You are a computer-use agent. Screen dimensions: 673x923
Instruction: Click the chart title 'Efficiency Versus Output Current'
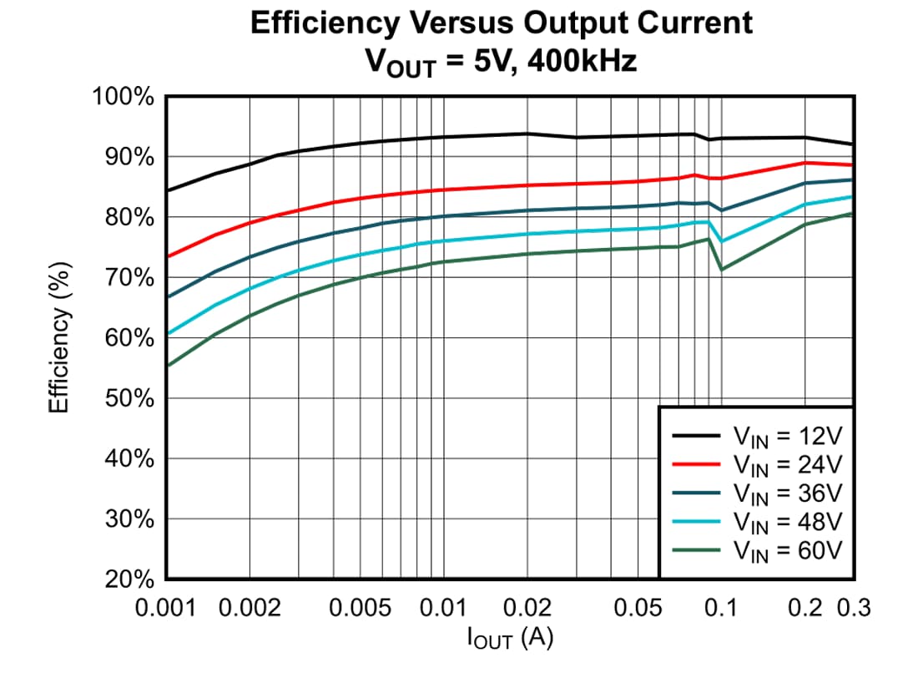point(501,23)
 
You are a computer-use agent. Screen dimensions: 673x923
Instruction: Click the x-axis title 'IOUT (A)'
point(510,640)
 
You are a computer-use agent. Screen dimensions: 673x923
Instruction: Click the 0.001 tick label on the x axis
point(167,608)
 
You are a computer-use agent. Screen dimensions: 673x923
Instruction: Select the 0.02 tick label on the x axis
point(527,608)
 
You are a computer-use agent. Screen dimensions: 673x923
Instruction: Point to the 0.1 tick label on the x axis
point(721,608)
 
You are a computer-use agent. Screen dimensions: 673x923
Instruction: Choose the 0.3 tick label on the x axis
point(853,608)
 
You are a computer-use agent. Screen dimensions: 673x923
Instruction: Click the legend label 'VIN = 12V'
point(788,435)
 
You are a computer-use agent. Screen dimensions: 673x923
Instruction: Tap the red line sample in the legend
point(696,463)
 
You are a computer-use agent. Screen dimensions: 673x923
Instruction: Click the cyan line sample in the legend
point(696,521)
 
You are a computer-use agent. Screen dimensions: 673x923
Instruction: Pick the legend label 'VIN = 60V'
point(788,550)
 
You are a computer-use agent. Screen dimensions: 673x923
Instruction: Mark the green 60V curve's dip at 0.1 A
point(721,269)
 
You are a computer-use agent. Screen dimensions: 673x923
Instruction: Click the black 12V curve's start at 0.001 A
point(168,191)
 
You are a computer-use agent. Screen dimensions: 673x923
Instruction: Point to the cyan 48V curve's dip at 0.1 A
point(721,241)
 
